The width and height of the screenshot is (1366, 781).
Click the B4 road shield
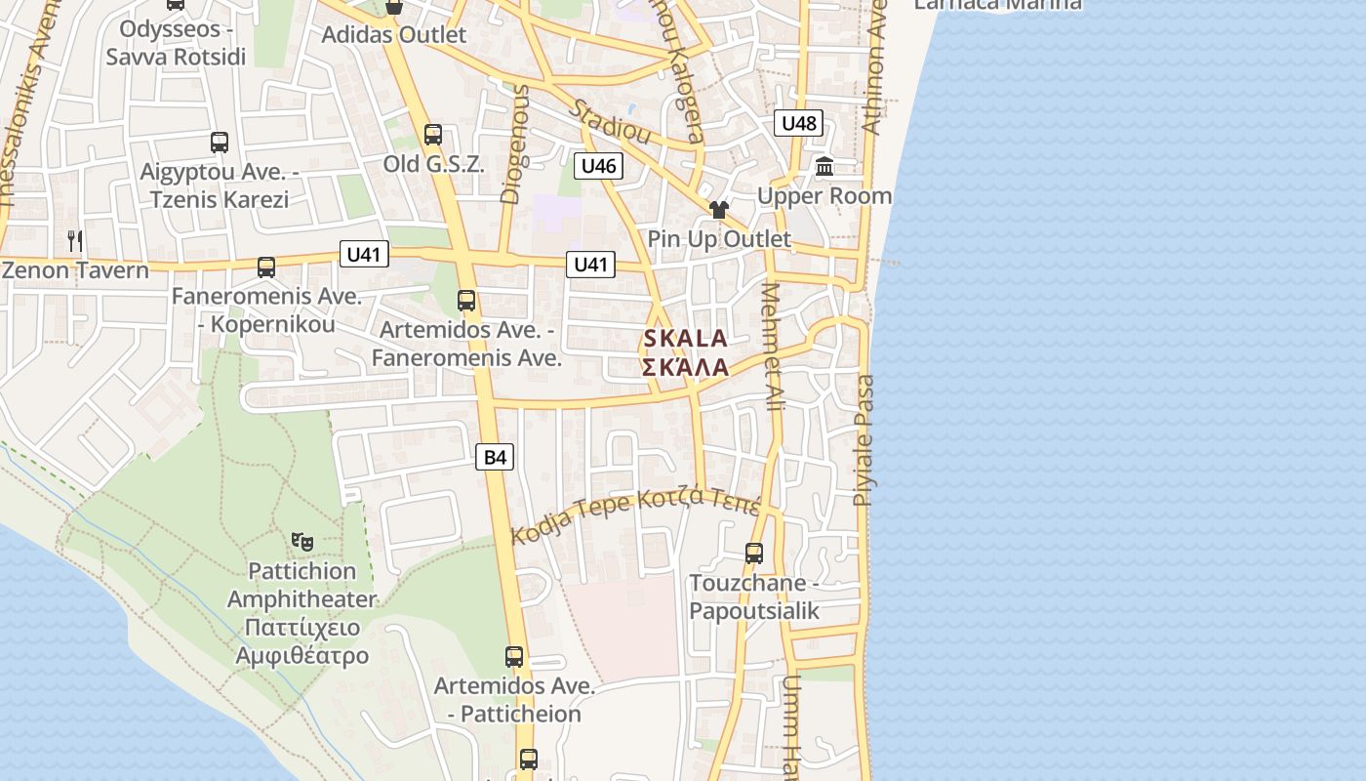click(x=495, y=456)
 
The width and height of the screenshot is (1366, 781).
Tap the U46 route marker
click(x=598, y=166)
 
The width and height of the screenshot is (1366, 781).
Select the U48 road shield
click(x=798, y=123)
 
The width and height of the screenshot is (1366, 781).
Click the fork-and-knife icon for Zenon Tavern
click(x=75, y=240)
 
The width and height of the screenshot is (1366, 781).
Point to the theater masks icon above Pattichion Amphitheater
click(x=302, y=540)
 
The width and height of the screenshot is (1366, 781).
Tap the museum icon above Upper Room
click(x=824, y=166)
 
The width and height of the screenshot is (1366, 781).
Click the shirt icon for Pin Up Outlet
click(x=719, y=209)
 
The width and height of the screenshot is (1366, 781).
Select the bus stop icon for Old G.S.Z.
click(x=433, y=135)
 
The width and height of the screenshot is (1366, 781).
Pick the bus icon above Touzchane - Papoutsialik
click(x=754, y=554)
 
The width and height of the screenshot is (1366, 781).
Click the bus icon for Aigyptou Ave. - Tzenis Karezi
click(x=220, y=143)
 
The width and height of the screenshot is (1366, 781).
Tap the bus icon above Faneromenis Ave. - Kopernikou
click(x=265, y=267)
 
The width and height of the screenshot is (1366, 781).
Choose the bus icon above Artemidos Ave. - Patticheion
click(x=514, y=657)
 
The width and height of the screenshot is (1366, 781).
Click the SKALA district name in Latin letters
click(x=685, y=339)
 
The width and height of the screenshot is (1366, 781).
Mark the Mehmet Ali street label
click(x=772, y=347)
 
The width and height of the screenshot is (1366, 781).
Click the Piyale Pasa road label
click(x=864, y=440)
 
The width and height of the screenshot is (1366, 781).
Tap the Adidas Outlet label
click(x=394, y=35)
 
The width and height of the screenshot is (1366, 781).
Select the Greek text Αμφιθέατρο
click(x=301, y=654)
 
